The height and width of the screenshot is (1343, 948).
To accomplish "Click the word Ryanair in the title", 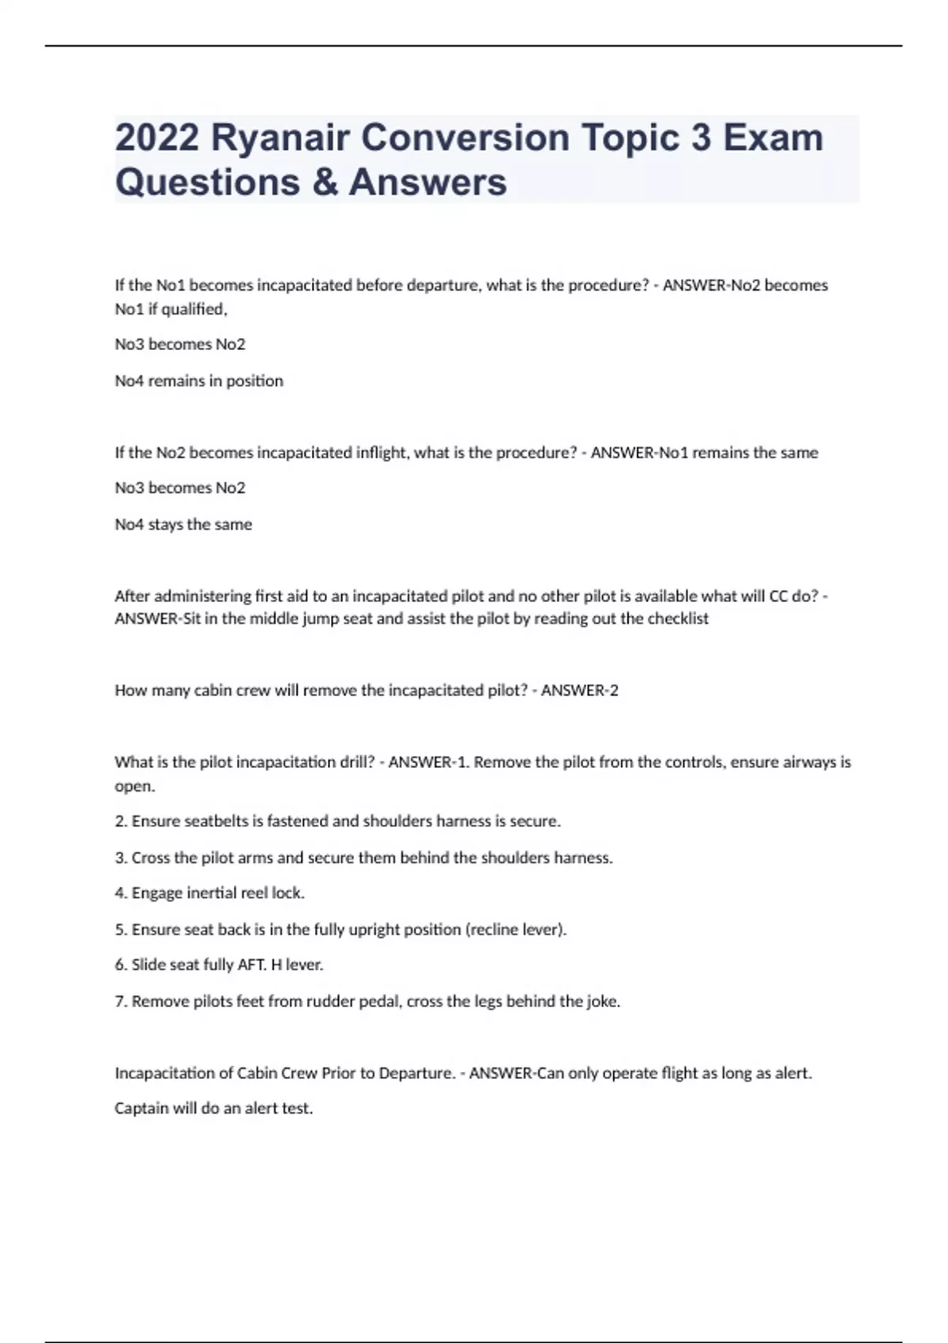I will (x=280, y=138).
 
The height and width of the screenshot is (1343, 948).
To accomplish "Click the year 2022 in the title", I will (x=156, y=138).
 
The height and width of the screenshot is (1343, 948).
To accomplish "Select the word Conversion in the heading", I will (x=465, y=138).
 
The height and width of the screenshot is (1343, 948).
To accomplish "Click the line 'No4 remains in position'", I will (x=199, y=381).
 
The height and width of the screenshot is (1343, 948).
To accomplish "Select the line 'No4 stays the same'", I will (x=183, y=525).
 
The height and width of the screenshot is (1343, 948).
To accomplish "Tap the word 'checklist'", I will (x=678, y=619).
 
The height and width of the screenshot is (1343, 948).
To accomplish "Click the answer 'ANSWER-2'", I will (x=580, y=690).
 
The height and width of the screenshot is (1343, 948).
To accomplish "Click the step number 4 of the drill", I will (x=121, y=893).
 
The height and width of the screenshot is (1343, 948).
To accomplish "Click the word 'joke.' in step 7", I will (x=603, y=1002).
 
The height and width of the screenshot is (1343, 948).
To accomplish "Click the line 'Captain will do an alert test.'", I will (x=214, y=1108).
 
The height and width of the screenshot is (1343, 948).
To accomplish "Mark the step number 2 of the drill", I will (x=121, y=822).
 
